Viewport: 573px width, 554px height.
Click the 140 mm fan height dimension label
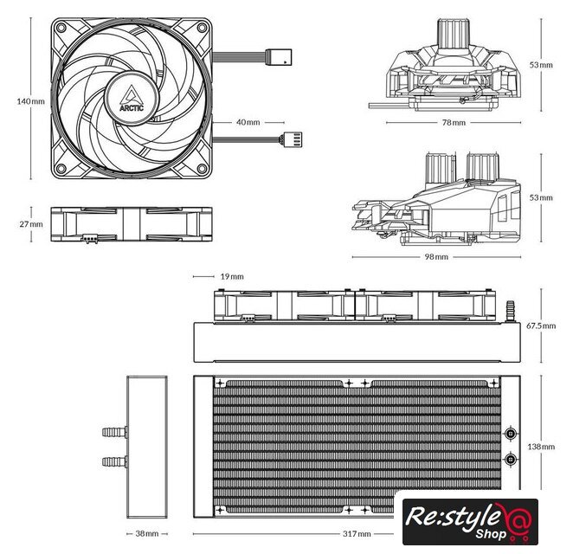30,101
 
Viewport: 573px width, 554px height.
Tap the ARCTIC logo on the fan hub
132,99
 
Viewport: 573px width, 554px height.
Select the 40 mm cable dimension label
248,122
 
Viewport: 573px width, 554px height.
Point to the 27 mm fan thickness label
31,224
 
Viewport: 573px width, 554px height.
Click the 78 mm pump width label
454,122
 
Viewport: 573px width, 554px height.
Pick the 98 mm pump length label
436,256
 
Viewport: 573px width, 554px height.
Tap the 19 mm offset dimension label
232,276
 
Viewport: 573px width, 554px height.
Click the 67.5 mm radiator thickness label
541,325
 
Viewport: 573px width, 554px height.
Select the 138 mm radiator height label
541,446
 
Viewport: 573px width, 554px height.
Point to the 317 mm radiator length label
357,533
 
